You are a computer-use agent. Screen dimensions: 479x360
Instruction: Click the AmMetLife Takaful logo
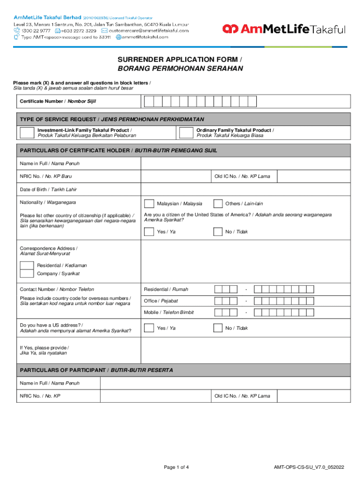pos(284,29)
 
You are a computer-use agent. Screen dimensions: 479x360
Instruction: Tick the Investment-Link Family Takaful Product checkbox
pos(27,133)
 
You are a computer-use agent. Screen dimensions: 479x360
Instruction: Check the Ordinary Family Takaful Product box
pos(186,133)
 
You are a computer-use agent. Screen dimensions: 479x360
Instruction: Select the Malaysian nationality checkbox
pos(149,203)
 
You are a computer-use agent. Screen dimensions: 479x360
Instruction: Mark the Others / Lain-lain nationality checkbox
pos(218,203)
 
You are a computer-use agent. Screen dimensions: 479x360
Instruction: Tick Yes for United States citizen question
pos(149,232)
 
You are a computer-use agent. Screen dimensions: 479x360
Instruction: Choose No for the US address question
pos(218,328)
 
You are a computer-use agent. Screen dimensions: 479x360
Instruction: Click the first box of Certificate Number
pos(148,102)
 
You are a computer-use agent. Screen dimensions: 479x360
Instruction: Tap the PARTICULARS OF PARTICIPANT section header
pos(96,370)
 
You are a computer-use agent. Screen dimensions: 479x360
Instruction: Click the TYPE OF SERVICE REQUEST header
pos(112,119)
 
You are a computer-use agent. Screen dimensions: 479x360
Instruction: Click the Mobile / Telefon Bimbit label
pos(169,312)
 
